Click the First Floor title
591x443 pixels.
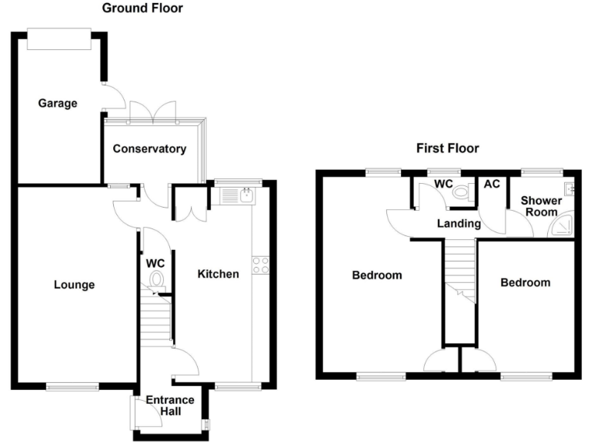(447, 148)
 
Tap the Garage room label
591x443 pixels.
(58, 103)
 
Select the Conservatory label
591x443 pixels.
(149, 148)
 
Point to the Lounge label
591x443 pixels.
(74, 285)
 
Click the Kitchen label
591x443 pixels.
(218, 274)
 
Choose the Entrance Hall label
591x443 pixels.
(170, 406)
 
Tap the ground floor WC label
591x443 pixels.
(155, 262)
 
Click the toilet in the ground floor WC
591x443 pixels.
(157, 280)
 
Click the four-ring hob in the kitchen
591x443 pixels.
(261, 265)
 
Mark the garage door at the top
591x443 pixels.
(58, 39)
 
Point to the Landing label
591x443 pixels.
(459, 224)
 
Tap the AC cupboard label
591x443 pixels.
(490, 185)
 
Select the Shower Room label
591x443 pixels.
(541, 206)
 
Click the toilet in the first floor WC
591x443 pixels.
(462, 193)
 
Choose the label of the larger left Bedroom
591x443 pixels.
(377, 275)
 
